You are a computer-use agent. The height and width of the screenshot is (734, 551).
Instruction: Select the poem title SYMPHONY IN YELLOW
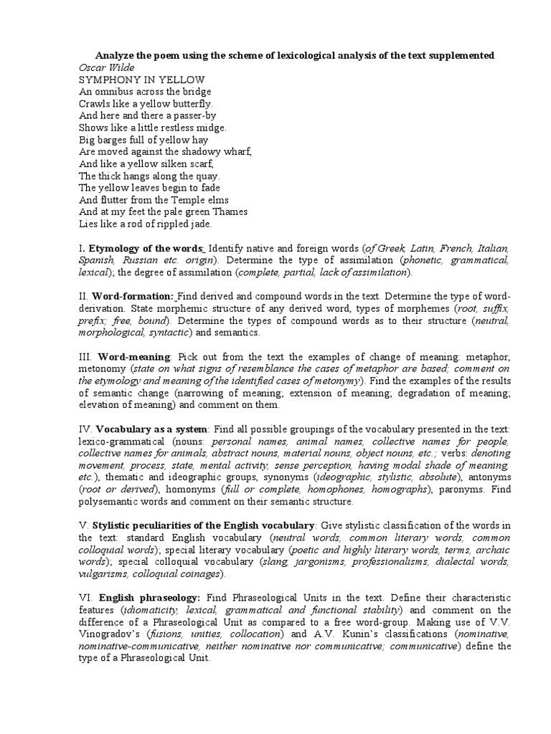click(141, 80)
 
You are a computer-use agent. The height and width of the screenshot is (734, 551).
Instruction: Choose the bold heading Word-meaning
click(134, 356)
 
